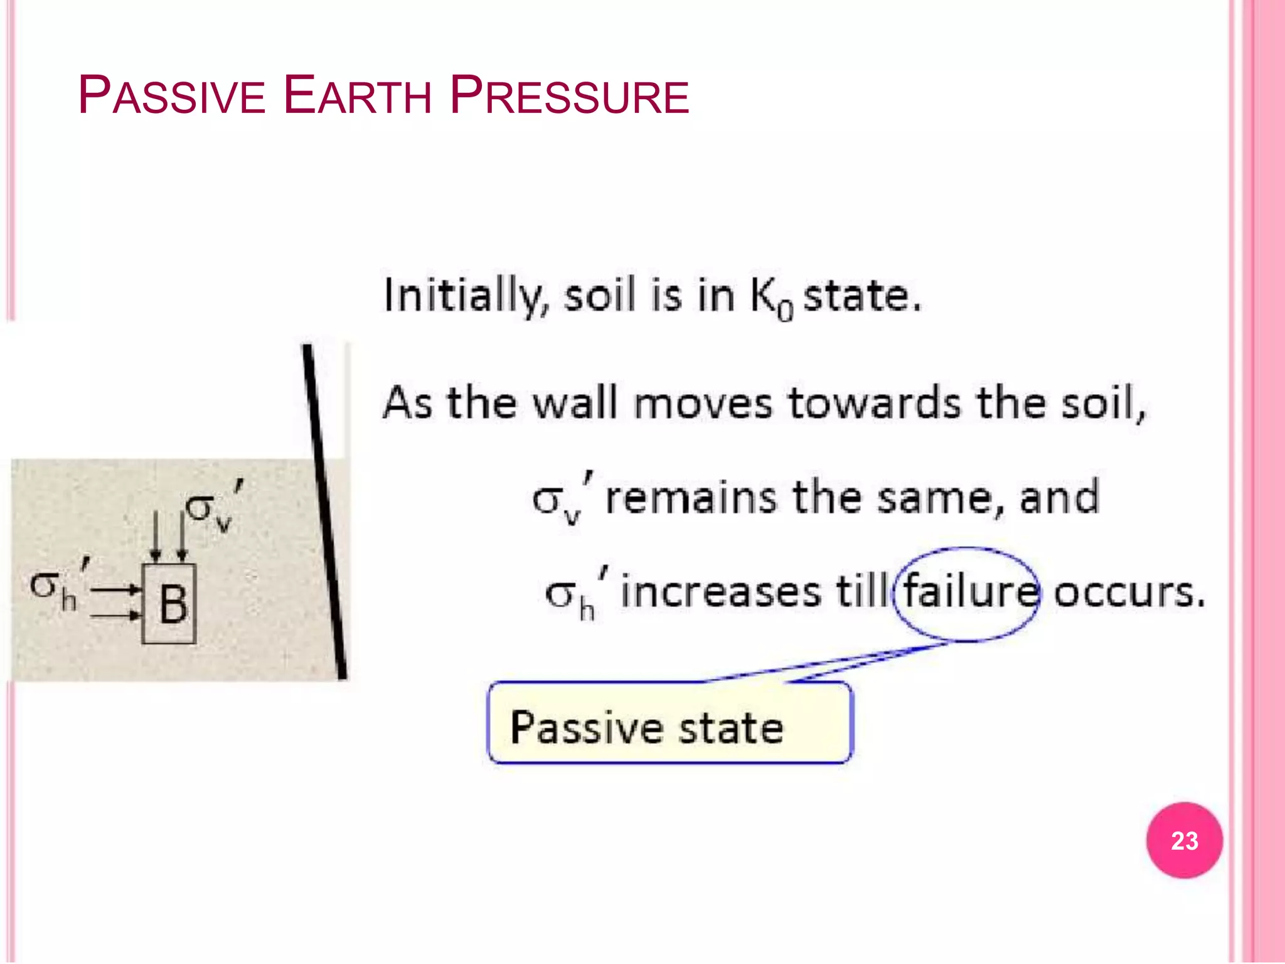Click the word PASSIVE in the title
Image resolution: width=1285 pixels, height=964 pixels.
tap(171, 96)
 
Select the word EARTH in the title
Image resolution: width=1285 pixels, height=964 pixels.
tap(357, 96)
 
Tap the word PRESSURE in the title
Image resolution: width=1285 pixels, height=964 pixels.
tap(570, 96)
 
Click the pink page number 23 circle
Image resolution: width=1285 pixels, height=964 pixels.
tap(1184, 840)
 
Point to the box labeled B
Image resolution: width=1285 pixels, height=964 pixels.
tap(169, 604)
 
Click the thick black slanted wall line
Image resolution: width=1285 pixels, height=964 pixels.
tap(325, 511)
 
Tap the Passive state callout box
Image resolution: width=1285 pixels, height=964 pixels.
tap(669, 723)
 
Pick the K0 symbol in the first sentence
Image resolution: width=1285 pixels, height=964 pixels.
tap(772, 298)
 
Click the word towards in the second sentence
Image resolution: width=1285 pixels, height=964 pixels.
tap(874, 403)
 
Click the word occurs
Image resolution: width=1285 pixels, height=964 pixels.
tap(1129, 592)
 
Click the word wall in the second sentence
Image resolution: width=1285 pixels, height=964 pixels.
tap(575, 403)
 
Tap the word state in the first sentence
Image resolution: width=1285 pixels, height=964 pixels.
tap(862, 295)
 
